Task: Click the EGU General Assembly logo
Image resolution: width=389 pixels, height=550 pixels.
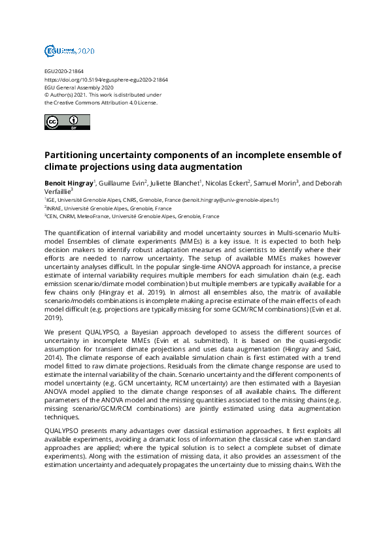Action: [69, 50]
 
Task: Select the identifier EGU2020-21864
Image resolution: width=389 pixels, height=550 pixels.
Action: [64, 71]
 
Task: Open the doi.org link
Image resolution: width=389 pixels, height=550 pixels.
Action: [106, 79]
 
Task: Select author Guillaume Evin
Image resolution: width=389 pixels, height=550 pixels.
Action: [122, 181]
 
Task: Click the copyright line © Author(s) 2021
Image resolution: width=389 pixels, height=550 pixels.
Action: [73, 95]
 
